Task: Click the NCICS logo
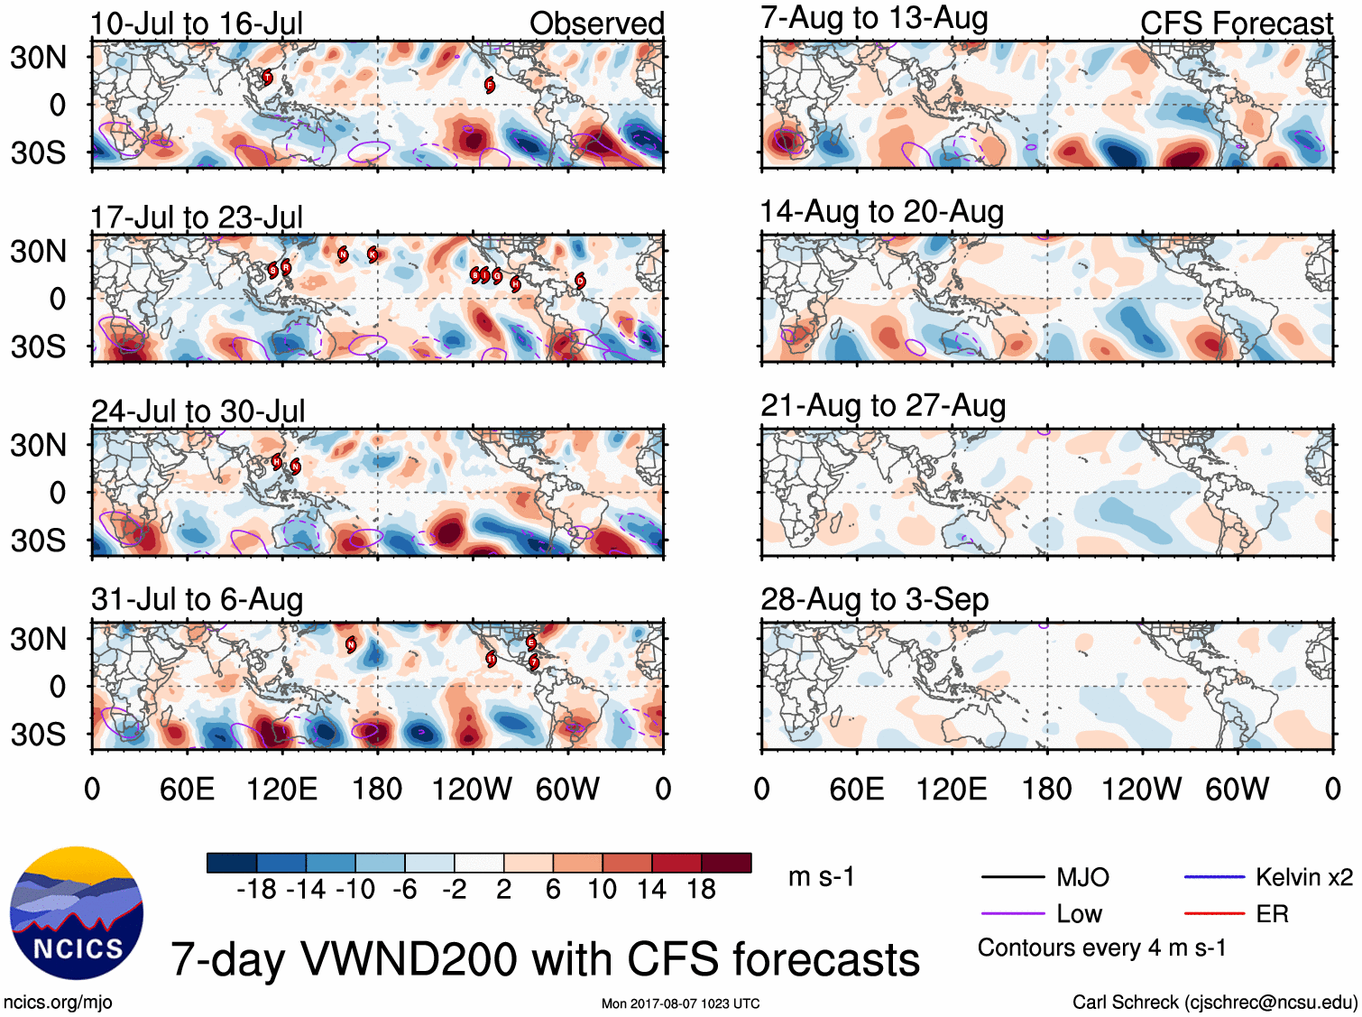coord(77,913)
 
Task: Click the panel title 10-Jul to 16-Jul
coord(197,23)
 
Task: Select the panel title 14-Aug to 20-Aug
coord(881,212)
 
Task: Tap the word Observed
coord(596,23)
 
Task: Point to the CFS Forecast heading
coord(1236,23)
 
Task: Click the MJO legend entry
coord(1082,877)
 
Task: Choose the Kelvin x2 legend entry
coord(1303,877)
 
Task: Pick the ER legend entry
coord(1272,914)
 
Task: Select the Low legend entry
coord(1079,914)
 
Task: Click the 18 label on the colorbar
coord(701,890)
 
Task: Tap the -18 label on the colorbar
coord(257,890)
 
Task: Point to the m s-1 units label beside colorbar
coord(821,877)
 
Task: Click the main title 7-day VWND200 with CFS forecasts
coord(545,958)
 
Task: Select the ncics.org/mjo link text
coord(58,1002)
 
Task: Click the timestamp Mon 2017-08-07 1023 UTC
coord(680,1003)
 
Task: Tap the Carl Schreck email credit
coord(1214,1002)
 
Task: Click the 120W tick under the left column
coord(471,790)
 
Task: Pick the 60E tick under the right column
coord(856,790)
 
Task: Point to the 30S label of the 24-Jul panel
coord(38,541)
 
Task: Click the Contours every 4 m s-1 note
coord(1101,948)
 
